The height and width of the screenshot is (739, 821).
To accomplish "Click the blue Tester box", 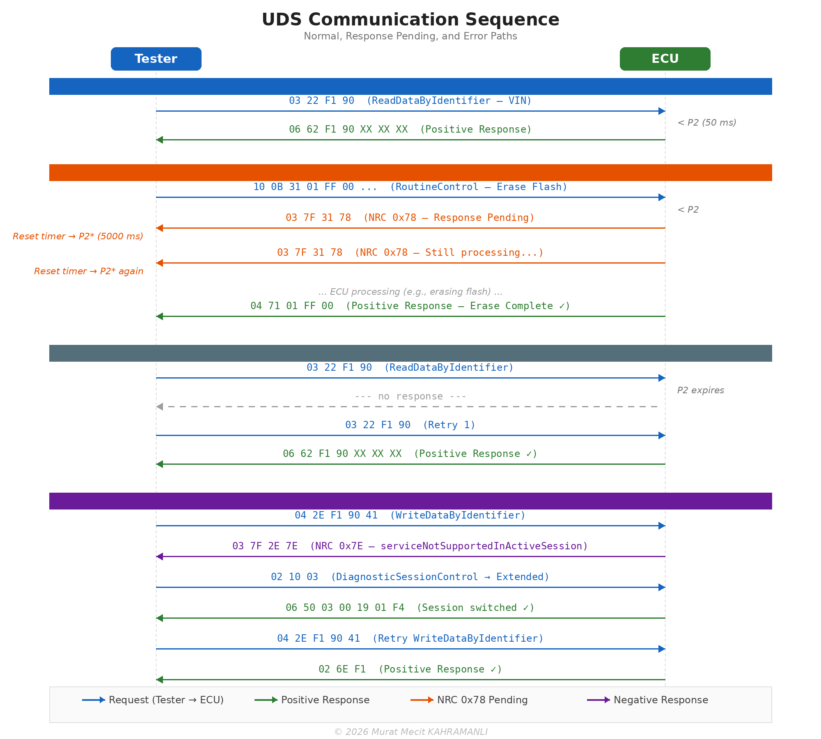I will coord(156,59).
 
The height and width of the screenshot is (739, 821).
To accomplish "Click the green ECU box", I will coord(665,59).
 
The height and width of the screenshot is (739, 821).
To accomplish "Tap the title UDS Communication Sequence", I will coord(410,20).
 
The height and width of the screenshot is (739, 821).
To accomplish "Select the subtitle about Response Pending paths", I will coord(410,36).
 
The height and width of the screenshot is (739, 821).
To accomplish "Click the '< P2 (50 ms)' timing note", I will coord(706,122).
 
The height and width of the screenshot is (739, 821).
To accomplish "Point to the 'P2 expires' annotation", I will coord(700,390).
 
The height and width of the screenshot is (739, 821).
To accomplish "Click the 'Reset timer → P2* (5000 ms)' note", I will coord(78,236).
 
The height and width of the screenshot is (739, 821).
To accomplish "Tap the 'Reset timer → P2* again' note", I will coord(89,271).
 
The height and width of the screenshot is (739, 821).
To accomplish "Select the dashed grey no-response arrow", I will coord(410,406).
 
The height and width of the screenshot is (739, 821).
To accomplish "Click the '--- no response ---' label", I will coord(410,396).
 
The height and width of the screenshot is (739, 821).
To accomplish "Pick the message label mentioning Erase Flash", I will coord(410,187).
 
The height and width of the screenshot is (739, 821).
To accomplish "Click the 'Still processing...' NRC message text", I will coord(410,252).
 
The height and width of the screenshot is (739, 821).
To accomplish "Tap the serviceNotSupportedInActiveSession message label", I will coord(410,546).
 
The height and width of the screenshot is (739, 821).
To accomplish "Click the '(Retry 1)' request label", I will coord(410,425).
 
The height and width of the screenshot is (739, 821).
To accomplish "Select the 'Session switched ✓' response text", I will coord(410,608).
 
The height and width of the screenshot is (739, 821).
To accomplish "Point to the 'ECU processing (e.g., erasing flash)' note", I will coord(410,291).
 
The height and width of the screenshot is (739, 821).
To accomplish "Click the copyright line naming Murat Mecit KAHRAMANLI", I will coord(410,732).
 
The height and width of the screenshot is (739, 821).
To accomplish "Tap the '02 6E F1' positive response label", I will coord(410,669).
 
